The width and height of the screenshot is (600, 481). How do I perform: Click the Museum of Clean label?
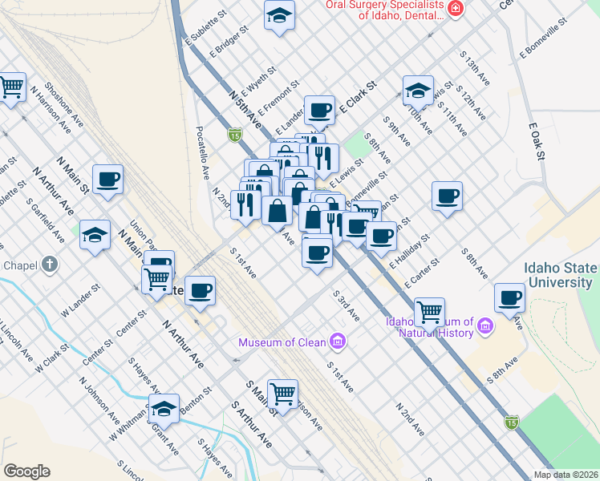click(282, 343)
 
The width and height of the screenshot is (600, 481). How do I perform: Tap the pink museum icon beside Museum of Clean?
click(338, 343)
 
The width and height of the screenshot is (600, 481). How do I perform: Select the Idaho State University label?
click(560, 275)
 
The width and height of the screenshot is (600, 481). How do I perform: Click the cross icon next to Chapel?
click(49, 265)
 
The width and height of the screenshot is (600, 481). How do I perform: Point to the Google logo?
click(27, 471)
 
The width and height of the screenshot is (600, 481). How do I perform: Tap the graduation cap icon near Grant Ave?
click(164, 409)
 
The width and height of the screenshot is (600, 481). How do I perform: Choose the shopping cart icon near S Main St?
click(282, 393)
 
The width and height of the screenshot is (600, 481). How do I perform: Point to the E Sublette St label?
click(201, 30)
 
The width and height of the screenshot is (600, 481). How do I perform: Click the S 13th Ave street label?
click(475, 71)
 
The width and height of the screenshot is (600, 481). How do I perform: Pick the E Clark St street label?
click(358, 97)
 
